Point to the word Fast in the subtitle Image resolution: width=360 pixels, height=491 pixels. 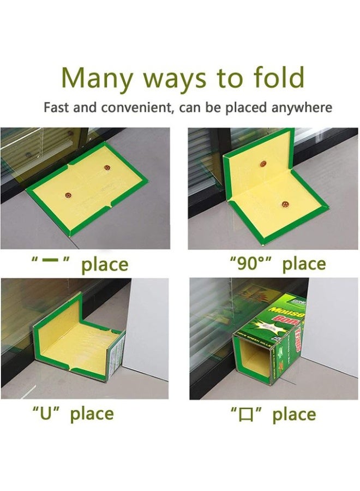[56, 107]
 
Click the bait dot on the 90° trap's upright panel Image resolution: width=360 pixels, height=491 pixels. [263, 164]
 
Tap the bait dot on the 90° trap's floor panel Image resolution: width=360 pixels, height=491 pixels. [285, 205]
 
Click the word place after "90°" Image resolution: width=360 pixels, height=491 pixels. [304, 265]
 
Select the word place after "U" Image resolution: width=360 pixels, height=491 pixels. [92, 414]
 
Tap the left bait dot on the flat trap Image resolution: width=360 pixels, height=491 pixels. [69, 193]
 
